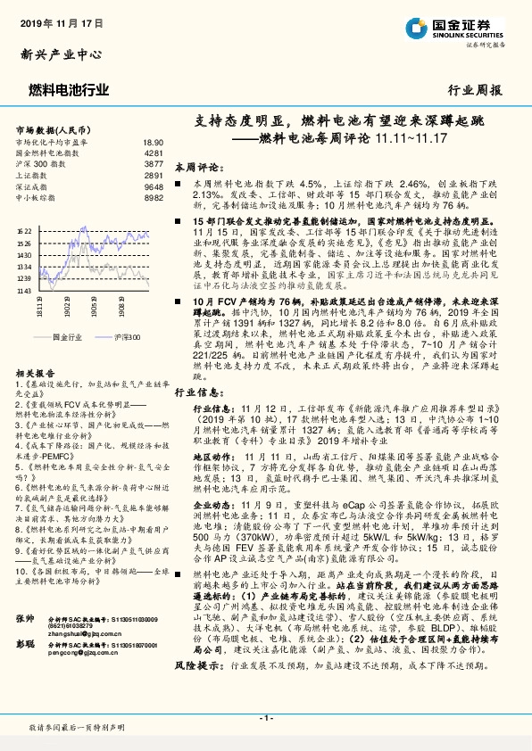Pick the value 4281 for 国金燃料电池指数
[154, 153]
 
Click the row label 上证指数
[32, 175]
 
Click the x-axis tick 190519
[94, 307]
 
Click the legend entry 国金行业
[67, 338]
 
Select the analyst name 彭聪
[25, 643]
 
